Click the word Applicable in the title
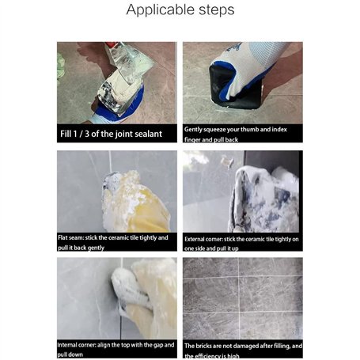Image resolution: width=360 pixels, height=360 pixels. coord(160,10)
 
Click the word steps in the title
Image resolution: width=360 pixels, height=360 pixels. coord(216,10)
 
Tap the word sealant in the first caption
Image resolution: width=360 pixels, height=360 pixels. coord(148,134)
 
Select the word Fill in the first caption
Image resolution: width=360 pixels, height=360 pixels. coord(66,134)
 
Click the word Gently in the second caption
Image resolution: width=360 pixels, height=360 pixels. coord(193,130)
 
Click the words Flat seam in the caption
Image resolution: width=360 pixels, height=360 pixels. coord(71,237)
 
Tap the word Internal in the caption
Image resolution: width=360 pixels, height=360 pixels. coord(67,345)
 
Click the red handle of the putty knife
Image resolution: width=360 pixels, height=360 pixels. coord(111,44)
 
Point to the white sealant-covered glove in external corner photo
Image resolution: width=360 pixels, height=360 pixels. coord(263,199)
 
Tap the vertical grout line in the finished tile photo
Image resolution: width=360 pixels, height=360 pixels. coord(239,298)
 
